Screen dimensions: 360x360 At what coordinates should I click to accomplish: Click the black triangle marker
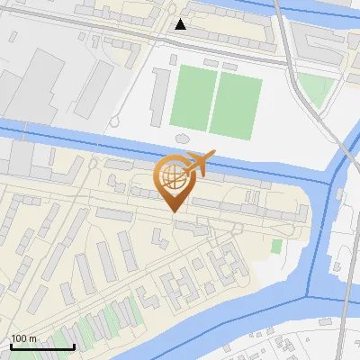[181, 24]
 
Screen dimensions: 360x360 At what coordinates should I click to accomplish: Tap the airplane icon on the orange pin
[198, 163]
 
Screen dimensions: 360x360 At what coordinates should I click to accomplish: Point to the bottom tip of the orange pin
[172, 212]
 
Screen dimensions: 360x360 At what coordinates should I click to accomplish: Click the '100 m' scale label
[23, 338]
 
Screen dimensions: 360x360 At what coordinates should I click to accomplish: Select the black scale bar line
[41, 346]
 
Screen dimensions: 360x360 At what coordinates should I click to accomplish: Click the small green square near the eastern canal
[276, 246]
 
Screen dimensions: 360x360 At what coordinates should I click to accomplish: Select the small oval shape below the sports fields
[180, 137]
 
